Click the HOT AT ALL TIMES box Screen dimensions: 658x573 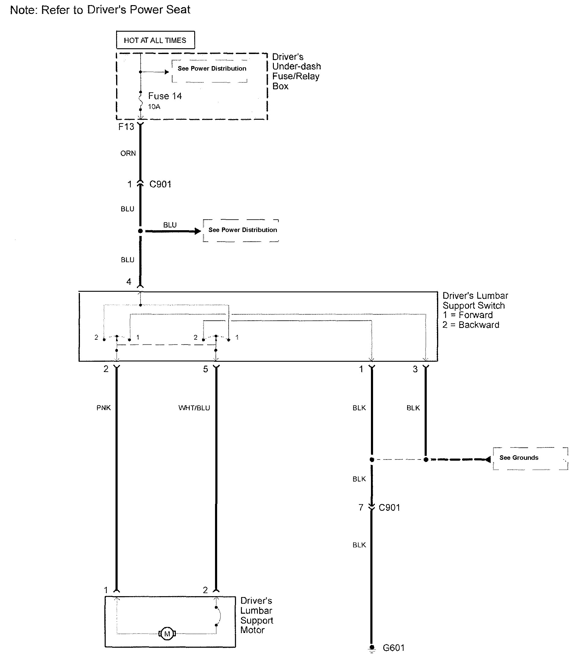(155, 40)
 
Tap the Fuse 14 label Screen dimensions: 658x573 (165, 96)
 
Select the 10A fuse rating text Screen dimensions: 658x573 (154, 107)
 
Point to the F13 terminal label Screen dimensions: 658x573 (126, 127)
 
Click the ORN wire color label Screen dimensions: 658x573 (128, 154)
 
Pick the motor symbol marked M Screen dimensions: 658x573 (167, 633)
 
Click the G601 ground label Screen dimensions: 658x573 (394, 648)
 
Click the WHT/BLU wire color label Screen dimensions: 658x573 (194, 408)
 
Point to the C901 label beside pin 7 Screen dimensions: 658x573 (389, 507)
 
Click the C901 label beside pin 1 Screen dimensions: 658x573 (160, 184)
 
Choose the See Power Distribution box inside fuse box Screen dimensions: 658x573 (212, 68)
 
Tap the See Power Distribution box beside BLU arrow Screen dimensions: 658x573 (242, 230)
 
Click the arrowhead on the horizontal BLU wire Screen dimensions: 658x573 (198, 231)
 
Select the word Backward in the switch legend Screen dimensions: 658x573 (479, 325)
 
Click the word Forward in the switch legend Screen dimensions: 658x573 (476, 315)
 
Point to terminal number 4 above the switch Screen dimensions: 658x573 (128, 282)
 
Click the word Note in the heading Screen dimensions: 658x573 (23, 10)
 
